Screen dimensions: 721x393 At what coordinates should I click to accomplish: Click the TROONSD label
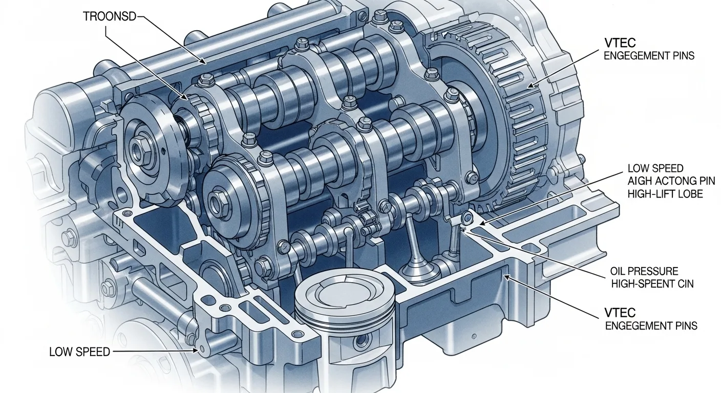point(110,16)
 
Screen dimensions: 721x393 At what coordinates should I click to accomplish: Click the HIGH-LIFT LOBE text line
point(665,194)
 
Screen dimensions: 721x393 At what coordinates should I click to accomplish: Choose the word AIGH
point(640,181)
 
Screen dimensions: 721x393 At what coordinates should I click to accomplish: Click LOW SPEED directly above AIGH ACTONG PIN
point(655,168)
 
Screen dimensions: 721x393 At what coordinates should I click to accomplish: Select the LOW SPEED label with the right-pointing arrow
point(79,352)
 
